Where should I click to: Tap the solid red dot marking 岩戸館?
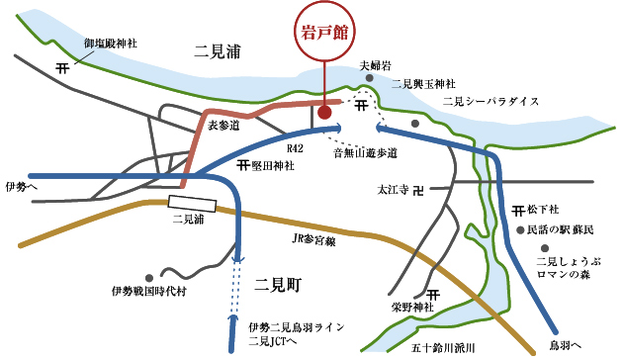tap(324, 112)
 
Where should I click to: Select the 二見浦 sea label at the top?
tap(220, 51)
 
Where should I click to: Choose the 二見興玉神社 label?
tap(424, 84)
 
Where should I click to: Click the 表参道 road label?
tap(222, 125)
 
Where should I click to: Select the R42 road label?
tap(295, 147)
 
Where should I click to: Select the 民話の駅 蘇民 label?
tap(561, 229)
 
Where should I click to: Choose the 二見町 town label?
tap(278, 285)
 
